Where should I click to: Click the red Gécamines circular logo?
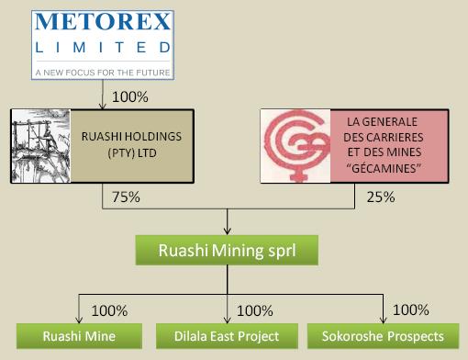tap(295, 143)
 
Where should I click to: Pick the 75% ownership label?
tap(126, 196)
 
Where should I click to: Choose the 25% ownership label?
tap(380, 196)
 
